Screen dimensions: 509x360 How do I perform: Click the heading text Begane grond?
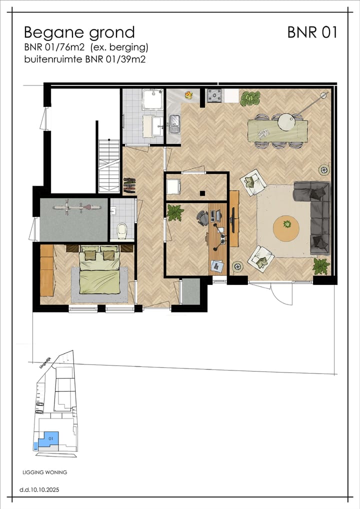(x=79, y=32)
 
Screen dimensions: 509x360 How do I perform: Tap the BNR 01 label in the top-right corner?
(x=312, y=32)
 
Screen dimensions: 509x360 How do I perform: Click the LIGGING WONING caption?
(x=45, y=472)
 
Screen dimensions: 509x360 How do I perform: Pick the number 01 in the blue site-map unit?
(x=50, y=438)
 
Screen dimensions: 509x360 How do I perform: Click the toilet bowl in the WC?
(x=121, y=231)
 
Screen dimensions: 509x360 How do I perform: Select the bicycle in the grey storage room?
(x=74, y=206)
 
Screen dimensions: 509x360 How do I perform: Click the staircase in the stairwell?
(x=108, y=165)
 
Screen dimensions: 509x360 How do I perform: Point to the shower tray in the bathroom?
(x=151, y=99)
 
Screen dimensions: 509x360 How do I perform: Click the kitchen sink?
(x=174, y=123)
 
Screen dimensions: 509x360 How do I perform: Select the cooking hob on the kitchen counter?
(x=215, y=95)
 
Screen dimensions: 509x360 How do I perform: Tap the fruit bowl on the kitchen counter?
(x=188, y=94)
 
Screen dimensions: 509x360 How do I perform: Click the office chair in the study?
(x=202, y=217)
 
